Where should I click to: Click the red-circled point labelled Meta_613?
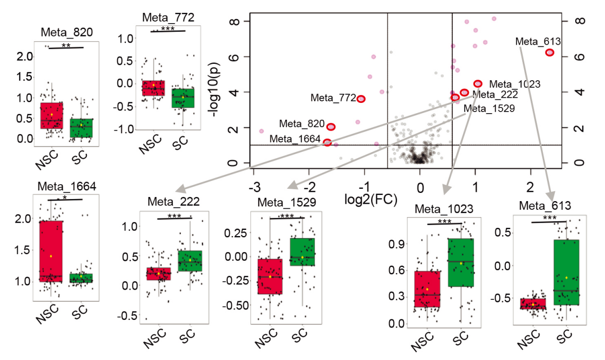[x=549, y=52]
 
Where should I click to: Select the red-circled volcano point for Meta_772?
[x=361, y=99]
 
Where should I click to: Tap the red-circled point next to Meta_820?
[x=331, y=127]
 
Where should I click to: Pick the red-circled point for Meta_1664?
[x=327, y=142]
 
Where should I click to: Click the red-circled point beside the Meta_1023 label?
[x=478, y=83]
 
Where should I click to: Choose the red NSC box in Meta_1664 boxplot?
[x=51, y=251]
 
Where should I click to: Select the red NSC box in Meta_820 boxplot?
[x=51, y=115]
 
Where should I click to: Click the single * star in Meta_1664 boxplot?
[x=65, y=197]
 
